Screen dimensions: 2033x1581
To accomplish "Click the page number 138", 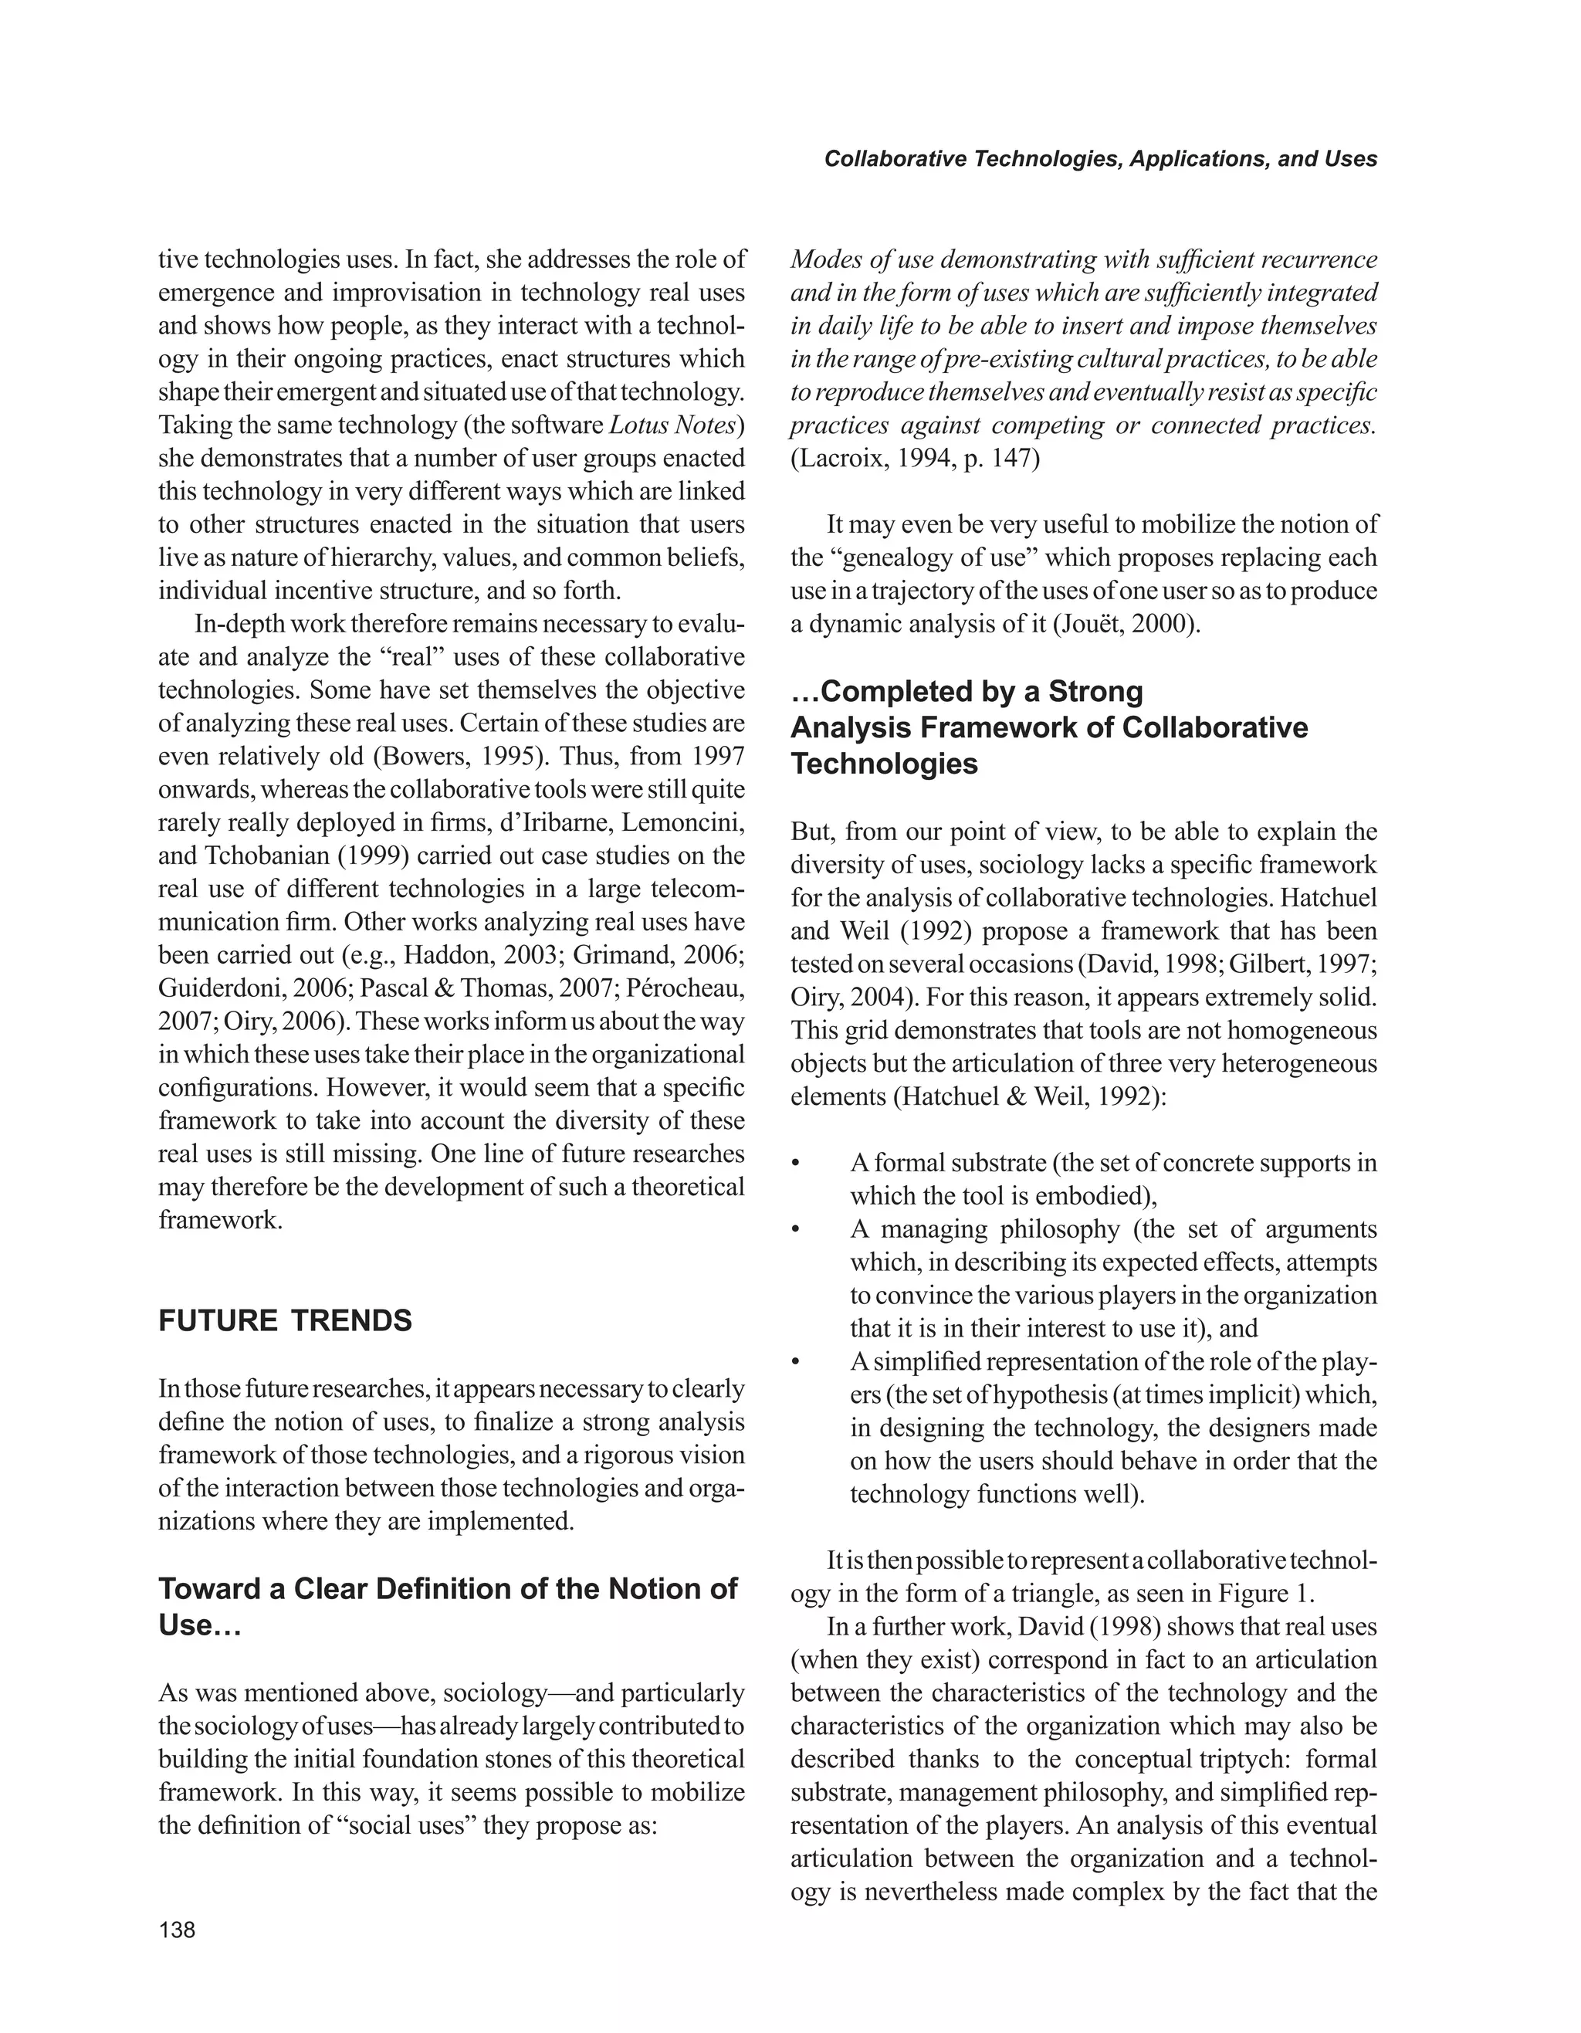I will [177, 1930].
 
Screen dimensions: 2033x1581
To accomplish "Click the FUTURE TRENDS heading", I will [285, 1321].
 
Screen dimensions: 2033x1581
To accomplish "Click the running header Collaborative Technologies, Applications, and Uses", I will [1100, 159].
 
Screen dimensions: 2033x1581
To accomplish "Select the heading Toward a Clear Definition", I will [447, 1588].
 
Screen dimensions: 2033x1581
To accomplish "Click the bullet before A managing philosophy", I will [796, 1231].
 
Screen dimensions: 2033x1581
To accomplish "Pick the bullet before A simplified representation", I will [796, 1363].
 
